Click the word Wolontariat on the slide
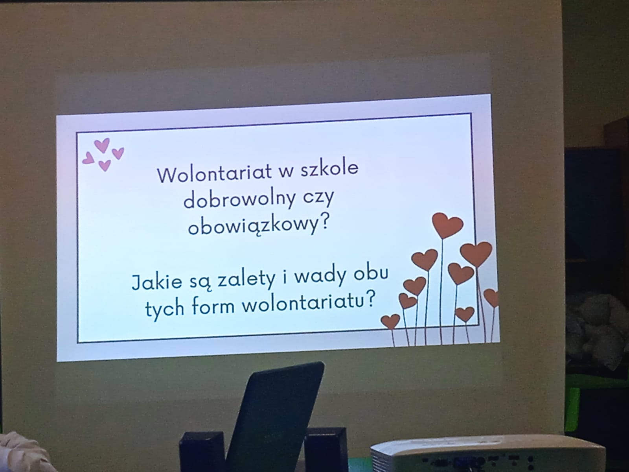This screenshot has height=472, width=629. pyautogui.click(x=214, y=173)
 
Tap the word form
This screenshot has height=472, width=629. pyautogui.click(x=213, y=306)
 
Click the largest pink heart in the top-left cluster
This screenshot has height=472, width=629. pyautogui.click(x=102, y=145)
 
